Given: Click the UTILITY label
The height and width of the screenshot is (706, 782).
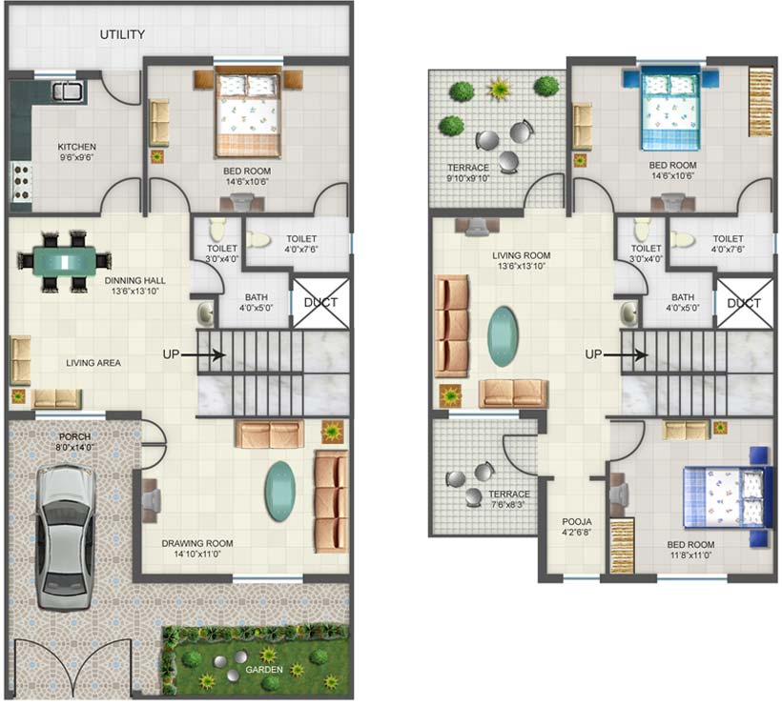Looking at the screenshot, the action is pyautogui.click(x=122, y=34).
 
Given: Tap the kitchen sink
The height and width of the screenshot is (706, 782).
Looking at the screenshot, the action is pyautogui.click(x=69, y=91).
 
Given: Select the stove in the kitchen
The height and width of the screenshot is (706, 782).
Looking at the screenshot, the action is pyautogui.click(x=22, y=182).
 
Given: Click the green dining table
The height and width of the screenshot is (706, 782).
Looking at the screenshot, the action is pyautogui.click(x=65, y=261).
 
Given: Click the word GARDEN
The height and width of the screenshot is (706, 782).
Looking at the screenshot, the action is pyautogui.click(x=264, y=670).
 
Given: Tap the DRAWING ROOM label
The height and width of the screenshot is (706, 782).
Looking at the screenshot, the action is pyautogui.click(x=197, y=543).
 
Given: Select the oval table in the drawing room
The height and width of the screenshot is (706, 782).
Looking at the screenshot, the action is pyautogui.click(x=279, y=492).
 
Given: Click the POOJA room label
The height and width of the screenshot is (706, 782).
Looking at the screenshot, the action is pyautogui.click(x=577, y=522).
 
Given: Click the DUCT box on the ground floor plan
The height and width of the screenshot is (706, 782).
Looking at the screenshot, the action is pyautogui.click(x=320, y=303).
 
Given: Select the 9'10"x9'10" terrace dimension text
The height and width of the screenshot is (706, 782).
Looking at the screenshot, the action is pyautogui.click(x=468, y=178).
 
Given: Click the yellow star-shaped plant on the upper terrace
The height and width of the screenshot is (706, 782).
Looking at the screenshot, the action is pyautogui.click(x=499, y=90).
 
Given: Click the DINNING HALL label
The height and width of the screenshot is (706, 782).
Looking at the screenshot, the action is pyautogui.click(x=135, y=280).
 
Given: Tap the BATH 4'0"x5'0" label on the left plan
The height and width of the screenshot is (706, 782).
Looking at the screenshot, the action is pyautogui.click(x=257, y=302).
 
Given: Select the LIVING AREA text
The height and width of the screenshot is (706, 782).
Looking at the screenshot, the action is pyautogui.click(x=93, y=363).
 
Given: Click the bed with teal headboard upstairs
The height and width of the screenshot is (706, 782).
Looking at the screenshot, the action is pyautogui.click(x=670, y=111).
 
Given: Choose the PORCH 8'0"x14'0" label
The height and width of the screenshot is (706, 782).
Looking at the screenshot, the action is pyautogui.click(x=74, y=442).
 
